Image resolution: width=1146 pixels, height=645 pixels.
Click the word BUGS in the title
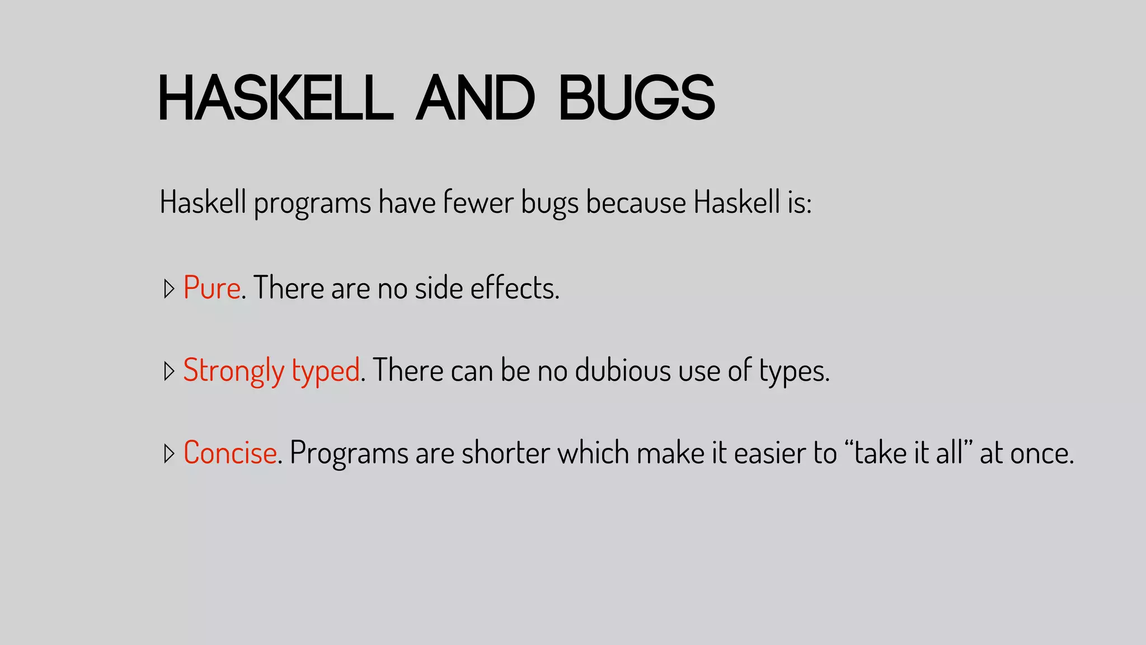click(637, 98)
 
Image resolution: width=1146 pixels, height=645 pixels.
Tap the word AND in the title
click(476, 98)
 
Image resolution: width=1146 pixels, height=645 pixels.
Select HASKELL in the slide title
click(276, 98)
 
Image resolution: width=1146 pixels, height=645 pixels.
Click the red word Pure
click(212, 288)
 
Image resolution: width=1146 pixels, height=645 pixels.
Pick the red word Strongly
click(234, 371)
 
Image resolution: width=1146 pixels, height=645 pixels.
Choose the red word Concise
click(230, 452)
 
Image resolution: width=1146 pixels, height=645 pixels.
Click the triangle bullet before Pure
click(169, 289)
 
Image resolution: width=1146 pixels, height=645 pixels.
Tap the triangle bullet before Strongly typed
click(169, 371)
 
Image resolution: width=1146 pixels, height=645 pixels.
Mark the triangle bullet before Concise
click(169, 454)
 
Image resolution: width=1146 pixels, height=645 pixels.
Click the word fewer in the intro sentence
click(478, 202)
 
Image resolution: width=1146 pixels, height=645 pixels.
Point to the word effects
click(514, 288)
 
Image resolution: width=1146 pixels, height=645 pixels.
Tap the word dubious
click(623, 371)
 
